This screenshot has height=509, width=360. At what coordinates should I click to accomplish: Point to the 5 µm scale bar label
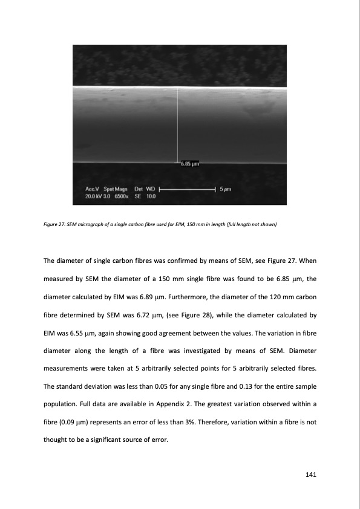(x=227, y=189)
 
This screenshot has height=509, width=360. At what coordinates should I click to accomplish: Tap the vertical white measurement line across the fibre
(x=177, y=125)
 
